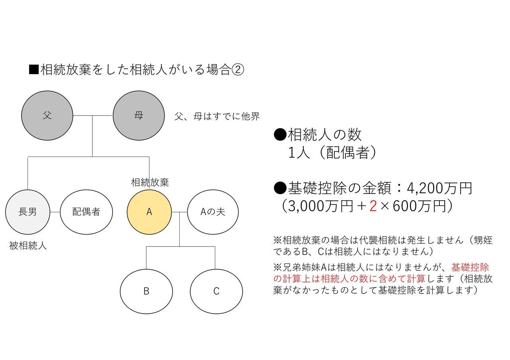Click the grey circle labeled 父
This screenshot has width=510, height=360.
(47, 115)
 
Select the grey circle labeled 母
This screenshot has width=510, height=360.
(139, 115)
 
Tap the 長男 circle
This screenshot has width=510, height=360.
(27, 212)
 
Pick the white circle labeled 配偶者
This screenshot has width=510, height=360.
(86, 212)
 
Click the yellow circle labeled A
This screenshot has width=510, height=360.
(149, 212)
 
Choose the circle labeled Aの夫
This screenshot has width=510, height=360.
(213, 212)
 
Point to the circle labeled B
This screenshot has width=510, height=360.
(146, 292)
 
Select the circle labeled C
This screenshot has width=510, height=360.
(216, 292)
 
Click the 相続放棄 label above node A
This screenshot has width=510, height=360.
(150, 182)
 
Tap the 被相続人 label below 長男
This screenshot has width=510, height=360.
(28, 246)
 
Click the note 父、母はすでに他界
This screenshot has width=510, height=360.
(217, 116)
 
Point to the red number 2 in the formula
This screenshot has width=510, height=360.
(373, 206)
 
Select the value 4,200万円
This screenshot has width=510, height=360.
(439, 188)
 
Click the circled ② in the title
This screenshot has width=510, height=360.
(237, 70)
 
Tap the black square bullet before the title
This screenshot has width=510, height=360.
(34, 70)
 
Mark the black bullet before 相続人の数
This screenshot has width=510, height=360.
(280, 135)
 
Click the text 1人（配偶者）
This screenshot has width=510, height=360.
(332, 152)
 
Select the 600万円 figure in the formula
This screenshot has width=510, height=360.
(419, 206)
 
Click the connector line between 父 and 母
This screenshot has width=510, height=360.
(93, 115)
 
